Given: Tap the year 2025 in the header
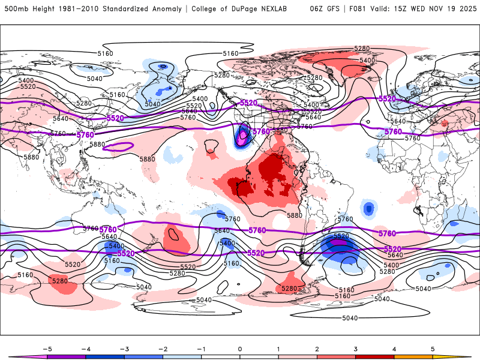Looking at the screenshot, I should click(464, 9).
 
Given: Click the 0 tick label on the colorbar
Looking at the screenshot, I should click(240, 348).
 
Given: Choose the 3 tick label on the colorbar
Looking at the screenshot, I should click(356, 348).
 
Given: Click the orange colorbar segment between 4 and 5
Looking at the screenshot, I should click(413, 356).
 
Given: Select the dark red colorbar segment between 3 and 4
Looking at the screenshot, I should click(375, 356).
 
